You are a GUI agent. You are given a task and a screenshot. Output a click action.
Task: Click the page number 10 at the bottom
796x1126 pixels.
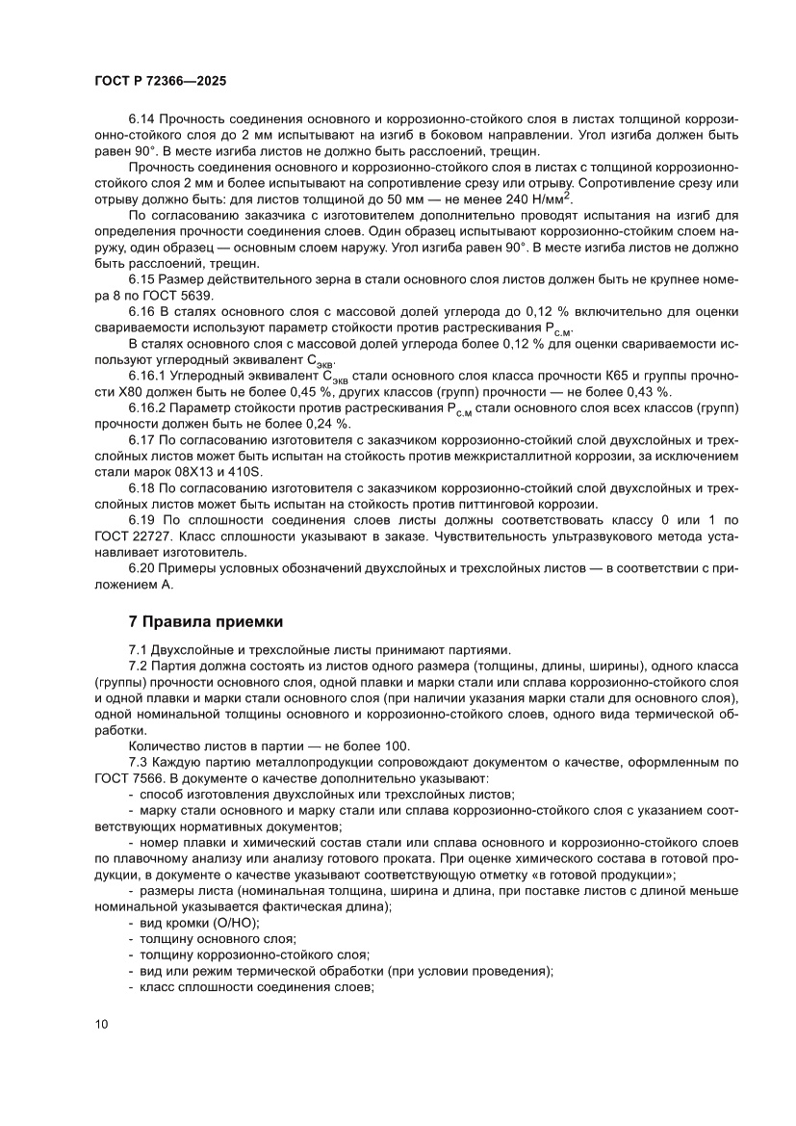click(x=102, y=1024)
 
